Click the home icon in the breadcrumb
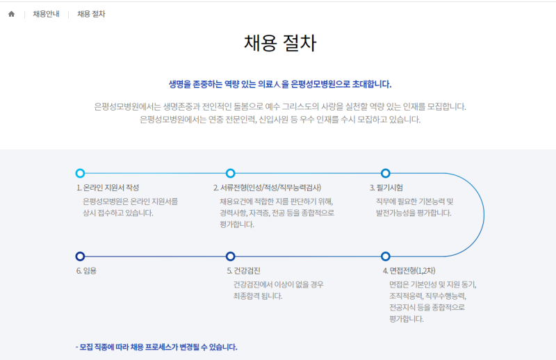tap(11, 14)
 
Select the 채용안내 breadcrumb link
tap(46, 14)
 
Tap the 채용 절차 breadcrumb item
tap(92, 14)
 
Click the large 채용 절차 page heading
tap(280, 43)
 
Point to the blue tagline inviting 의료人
tap(280, 84)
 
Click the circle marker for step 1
tap(80, 173)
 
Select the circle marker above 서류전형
tap(231, 173)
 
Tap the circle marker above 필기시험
tap(386, 173)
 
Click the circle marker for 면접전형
tap(386, 256)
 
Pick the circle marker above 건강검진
tap(231, 256)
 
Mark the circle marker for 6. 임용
tap(80, 256)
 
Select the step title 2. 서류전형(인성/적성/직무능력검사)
tap(267, 188)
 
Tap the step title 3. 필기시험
tap(386, 188)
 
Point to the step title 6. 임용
tap(88, 271)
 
